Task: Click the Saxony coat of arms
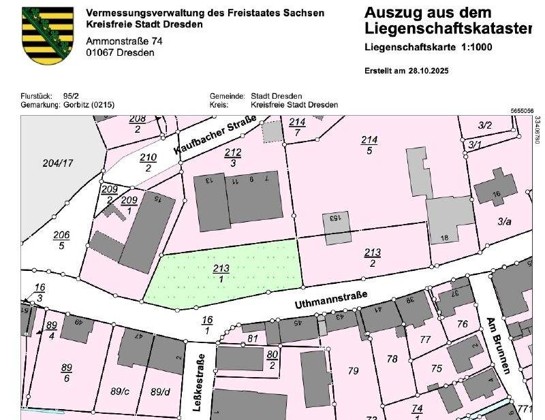coord(48,35)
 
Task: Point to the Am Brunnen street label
coord(498,345)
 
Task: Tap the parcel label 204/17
coord(58,163)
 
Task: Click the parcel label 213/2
coord(372,257)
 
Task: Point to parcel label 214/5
coord(369,145)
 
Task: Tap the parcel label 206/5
coord(61,240)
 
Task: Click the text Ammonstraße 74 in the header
coord(124,42)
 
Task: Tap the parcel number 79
coord(353,371)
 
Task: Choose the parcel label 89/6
coord(66,373)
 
